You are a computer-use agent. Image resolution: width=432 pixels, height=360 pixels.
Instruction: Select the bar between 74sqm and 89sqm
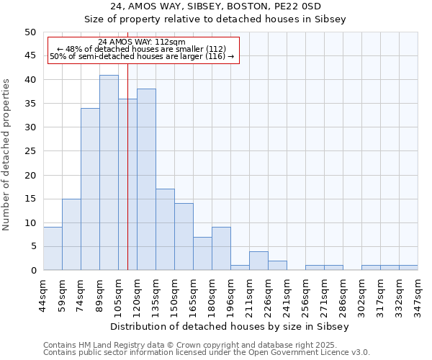90,189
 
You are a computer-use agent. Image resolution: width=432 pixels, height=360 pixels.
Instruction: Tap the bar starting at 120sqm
146,179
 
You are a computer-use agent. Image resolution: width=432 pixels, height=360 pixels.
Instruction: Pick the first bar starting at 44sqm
53,248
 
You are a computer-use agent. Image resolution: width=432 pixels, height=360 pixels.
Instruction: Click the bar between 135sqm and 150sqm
165,229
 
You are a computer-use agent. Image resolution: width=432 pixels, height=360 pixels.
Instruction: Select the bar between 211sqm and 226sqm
258,261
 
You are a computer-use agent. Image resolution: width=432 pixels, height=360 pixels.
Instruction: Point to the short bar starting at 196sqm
240,268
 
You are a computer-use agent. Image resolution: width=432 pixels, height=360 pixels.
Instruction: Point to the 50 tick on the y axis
30,32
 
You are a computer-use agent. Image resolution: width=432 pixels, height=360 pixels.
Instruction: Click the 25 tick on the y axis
30,151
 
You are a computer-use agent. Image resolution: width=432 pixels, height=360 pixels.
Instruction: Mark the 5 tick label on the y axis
32,246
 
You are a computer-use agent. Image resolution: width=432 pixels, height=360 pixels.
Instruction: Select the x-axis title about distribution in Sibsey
230,326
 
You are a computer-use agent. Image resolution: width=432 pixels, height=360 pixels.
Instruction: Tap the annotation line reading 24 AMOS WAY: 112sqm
142,42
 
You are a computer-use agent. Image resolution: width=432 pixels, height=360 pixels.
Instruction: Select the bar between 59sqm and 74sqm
71,234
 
